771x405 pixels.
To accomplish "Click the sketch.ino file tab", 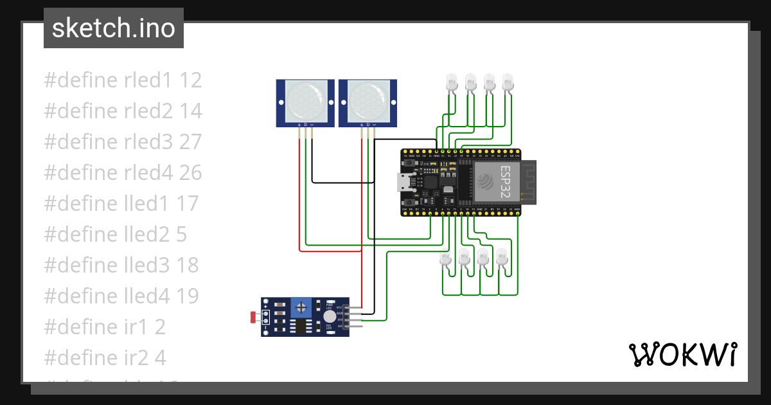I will tap(113, 28).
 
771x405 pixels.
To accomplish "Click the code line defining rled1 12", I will tap(123, 80).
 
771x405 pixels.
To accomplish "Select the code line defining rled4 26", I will tap(123, 173).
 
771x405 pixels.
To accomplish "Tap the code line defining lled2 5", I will tap(115, 235).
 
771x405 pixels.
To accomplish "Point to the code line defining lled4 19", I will tap(121, 296).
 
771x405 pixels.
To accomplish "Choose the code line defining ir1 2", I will tap(105, 327).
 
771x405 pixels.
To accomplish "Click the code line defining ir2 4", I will tap(105, 358).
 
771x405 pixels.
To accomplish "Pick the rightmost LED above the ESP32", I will tap(508, 82).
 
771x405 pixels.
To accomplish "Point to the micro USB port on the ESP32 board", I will tap(405, 183).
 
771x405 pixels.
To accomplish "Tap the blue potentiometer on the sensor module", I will tap(300, 308).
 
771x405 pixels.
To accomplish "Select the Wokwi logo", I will tap(682, 354).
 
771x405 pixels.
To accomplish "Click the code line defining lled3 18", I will tap(121, 265).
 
